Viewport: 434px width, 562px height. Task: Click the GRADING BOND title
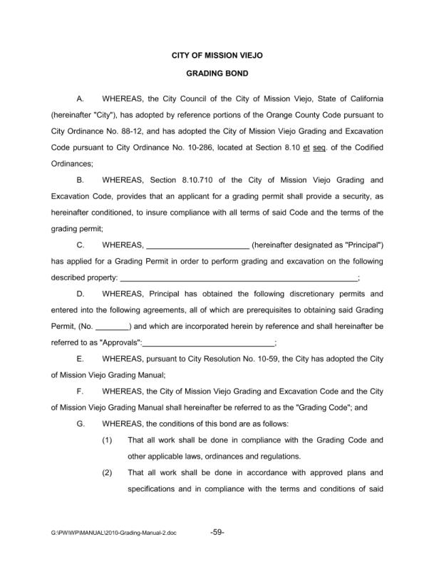pyautogui.click(x=217, y=73)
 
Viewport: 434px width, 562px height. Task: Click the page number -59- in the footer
pyautogui.click(x=218, y=532)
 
